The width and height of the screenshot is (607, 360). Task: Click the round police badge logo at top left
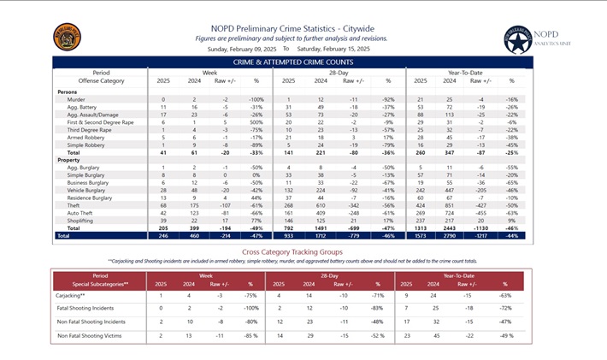[68, 37]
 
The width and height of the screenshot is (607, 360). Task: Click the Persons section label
[68, 91]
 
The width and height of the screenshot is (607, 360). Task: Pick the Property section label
[69, 160]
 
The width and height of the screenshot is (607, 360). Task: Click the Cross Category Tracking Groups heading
[292, 252]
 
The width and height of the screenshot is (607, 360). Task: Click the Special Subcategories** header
[101, 282]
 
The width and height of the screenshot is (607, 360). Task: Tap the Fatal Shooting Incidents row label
[91, 308]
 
